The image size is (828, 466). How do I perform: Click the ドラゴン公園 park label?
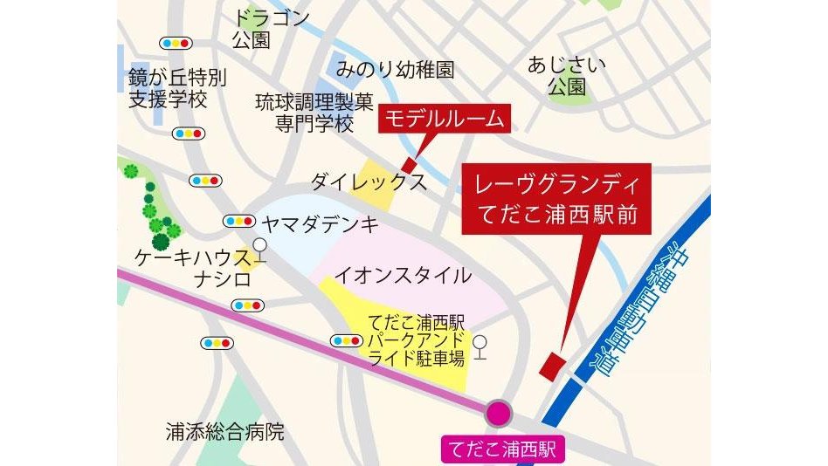(x=272, y=29)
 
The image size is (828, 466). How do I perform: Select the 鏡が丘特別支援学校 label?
(x=177, y=88)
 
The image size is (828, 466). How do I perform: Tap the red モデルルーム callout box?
(x=445, y=120)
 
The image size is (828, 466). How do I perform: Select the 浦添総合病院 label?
(x=225, y=430)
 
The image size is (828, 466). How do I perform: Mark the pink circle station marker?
(x=500, y=414)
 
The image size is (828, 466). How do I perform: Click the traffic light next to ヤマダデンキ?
(x=238, y=221)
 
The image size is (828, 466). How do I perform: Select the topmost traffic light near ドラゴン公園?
(x=176, y=42)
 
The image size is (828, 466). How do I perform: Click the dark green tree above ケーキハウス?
(x=161, y=242)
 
